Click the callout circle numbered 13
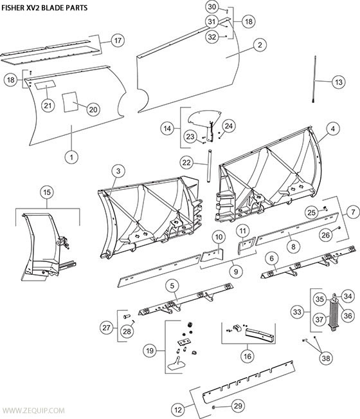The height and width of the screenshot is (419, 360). point(339,82)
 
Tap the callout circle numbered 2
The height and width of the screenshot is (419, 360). point(259,45)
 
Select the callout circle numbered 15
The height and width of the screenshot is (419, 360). point(46,192)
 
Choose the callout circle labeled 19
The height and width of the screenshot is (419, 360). point(150,351)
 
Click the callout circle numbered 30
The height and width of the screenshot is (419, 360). point(212,8)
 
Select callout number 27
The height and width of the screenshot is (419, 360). point(105,328)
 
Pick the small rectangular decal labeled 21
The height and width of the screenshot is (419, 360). point(44,85)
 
